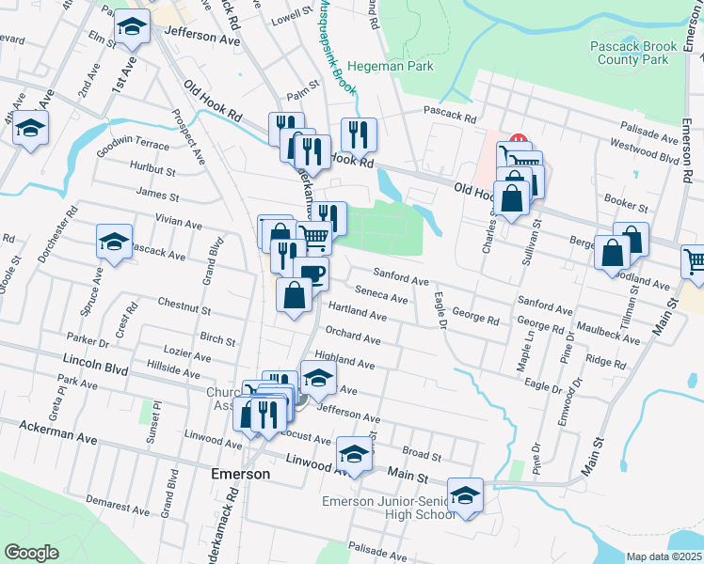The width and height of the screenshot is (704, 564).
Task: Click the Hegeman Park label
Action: (391, 67)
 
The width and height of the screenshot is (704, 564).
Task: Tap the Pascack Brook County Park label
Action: (628, 53)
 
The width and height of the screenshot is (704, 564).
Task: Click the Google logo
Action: (31, 553)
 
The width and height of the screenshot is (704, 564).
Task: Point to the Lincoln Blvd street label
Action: (95, 361)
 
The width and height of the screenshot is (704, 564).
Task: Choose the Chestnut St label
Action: (184, 308)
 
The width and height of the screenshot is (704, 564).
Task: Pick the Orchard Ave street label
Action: (353, 336)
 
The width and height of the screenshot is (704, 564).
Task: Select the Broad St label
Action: (421, 455)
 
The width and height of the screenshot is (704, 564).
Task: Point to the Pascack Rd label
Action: (449, 118)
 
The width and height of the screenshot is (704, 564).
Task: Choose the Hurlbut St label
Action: (154, 172)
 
